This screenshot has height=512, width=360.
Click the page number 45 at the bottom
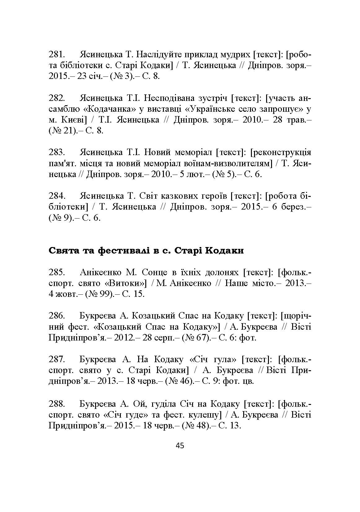180,446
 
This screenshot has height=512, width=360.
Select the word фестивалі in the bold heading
121,250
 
